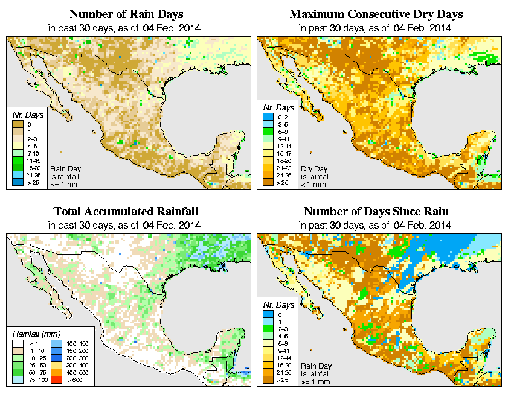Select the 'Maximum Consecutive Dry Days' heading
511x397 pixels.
(x=376, y=14)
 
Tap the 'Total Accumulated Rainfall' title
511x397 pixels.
(x=126, y=212)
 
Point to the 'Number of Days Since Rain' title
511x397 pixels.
(x=376, y=212)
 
